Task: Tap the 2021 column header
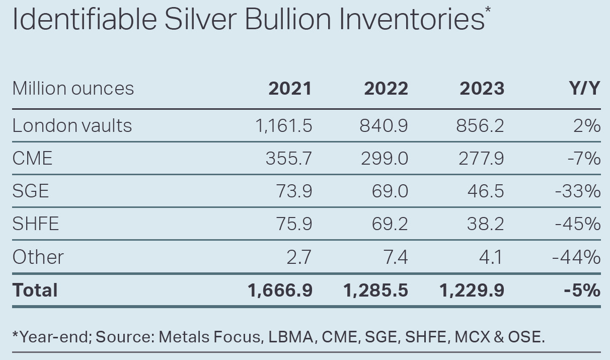click(x=290, y=89)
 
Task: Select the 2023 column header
click(x=482, y=89)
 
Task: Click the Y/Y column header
click(x=584, y=89)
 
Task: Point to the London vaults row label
click(x=72, y=125)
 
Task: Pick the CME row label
click(x=32, y=159)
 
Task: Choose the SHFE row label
click(x=36, y=224)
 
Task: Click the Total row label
click(x=35, y=291)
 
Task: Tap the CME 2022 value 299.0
click(x=384, y=159)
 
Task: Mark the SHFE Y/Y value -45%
click(x=578, y=224)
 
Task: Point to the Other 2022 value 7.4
click(x=396, y=257)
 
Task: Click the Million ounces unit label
click(x=73, y=89)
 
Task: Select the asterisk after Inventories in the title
click(x=488, y=10)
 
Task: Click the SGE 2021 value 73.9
click(x=294, y=191)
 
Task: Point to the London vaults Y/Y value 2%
click(x=587, y=125)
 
